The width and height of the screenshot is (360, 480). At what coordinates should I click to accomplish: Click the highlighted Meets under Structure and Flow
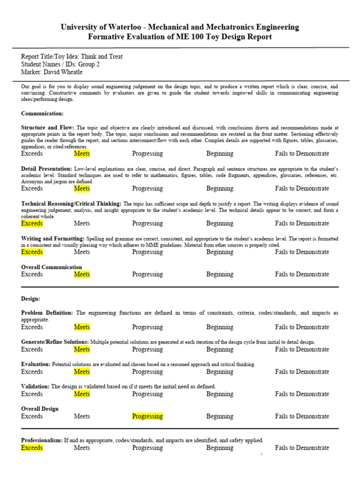point(82,153)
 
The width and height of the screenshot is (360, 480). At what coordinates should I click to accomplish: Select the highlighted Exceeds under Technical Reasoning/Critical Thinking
point(32,223)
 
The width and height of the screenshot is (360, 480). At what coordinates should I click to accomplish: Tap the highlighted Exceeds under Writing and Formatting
point(32,252)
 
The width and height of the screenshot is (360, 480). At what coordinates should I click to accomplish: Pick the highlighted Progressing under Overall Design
point(147,416)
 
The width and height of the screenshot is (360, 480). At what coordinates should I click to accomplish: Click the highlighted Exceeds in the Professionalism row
point(32,448)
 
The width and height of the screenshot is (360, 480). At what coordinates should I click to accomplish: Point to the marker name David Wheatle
point(65,72)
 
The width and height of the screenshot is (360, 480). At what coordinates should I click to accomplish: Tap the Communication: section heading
point(42,113)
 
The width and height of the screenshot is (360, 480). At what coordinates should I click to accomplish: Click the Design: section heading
point(30,299)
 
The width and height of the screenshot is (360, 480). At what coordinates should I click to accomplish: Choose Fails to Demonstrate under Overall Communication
point(302,274)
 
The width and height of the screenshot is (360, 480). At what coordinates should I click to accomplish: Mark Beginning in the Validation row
point(220,394)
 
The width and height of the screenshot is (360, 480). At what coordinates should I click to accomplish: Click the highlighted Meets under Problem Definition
point(82,327)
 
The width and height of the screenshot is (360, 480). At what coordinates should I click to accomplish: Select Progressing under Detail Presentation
point(147,188)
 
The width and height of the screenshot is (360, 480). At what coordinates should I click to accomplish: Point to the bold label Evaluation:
point(36,364)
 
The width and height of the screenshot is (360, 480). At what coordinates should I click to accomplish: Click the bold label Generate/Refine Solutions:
point(55,342)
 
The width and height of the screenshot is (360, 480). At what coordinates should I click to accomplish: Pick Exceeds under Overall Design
point(32,416)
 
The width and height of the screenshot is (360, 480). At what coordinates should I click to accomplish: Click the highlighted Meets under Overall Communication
point(82,274)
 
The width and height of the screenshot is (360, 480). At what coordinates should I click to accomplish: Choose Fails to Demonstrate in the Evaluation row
point(302,372)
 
